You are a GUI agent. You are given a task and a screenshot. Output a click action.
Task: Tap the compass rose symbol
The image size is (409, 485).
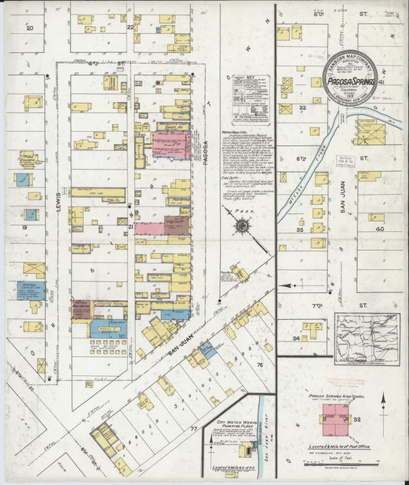[x=242, y=226]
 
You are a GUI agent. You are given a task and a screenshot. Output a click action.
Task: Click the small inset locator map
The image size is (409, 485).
[x=364, y=337]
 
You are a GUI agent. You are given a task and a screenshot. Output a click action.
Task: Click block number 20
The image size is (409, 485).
[x=30, y=27]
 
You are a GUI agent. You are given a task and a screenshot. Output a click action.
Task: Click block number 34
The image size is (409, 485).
[x=295, y=337]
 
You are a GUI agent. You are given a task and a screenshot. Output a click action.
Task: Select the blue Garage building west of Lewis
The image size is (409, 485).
[x=31, y=290]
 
